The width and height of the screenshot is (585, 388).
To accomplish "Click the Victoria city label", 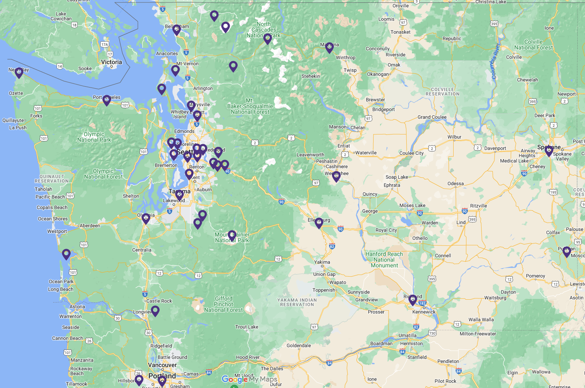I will tap(111, 62).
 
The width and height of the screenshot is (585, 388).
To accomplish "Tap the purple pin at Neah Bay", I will tap(19, 72).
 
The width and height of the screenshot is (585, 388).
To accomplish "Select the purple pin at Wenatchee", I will tap(336, 176).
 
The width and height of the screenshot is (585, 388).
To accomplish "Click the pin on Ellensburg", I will tap(319, 222).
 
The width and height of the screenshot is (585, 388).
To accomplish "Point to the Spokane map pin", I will tap(549, 151).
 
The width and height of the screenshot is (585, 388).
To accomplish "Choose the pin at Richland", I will tap(412, 300).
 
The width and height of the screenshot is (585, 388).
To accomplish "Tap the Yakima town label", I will tap(322, 262).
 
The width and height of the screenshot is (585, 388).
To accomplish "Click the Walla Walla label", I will tap(481, 320).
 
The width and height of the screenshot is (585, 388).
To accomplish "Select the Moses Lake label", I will tap(412, 205).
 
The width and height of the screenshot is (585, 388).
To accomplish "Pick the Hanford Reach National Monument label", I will tap(384, 260).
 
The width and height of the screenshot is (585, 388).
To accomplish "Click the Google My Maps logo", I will tap(249, 379).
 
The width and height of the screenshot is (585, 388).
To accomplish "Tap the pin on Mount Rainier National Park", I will tap(232, 235).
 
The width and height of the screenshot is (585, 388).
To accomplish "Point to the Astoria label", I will tap(77, 307).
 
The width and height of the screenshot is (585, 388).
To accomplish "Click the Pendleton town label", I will tap(448, 361).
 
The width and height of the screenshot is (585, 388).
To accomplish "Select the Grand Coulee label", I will tap(432, 117).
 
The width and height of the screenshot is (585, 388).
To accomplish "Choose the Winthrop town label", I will tap(346, 58).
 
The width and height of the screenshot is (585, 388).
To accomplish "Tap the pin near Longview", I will tap(155, 311).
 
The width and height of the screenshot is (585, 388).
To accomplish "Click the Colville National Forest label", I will tap(533, 45).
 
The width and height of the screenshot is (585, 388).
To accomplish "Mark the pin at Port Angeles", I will tap(106, 100).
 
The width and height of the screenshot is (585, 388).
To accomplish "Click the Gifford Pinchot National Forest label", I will tap(224, 304).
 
